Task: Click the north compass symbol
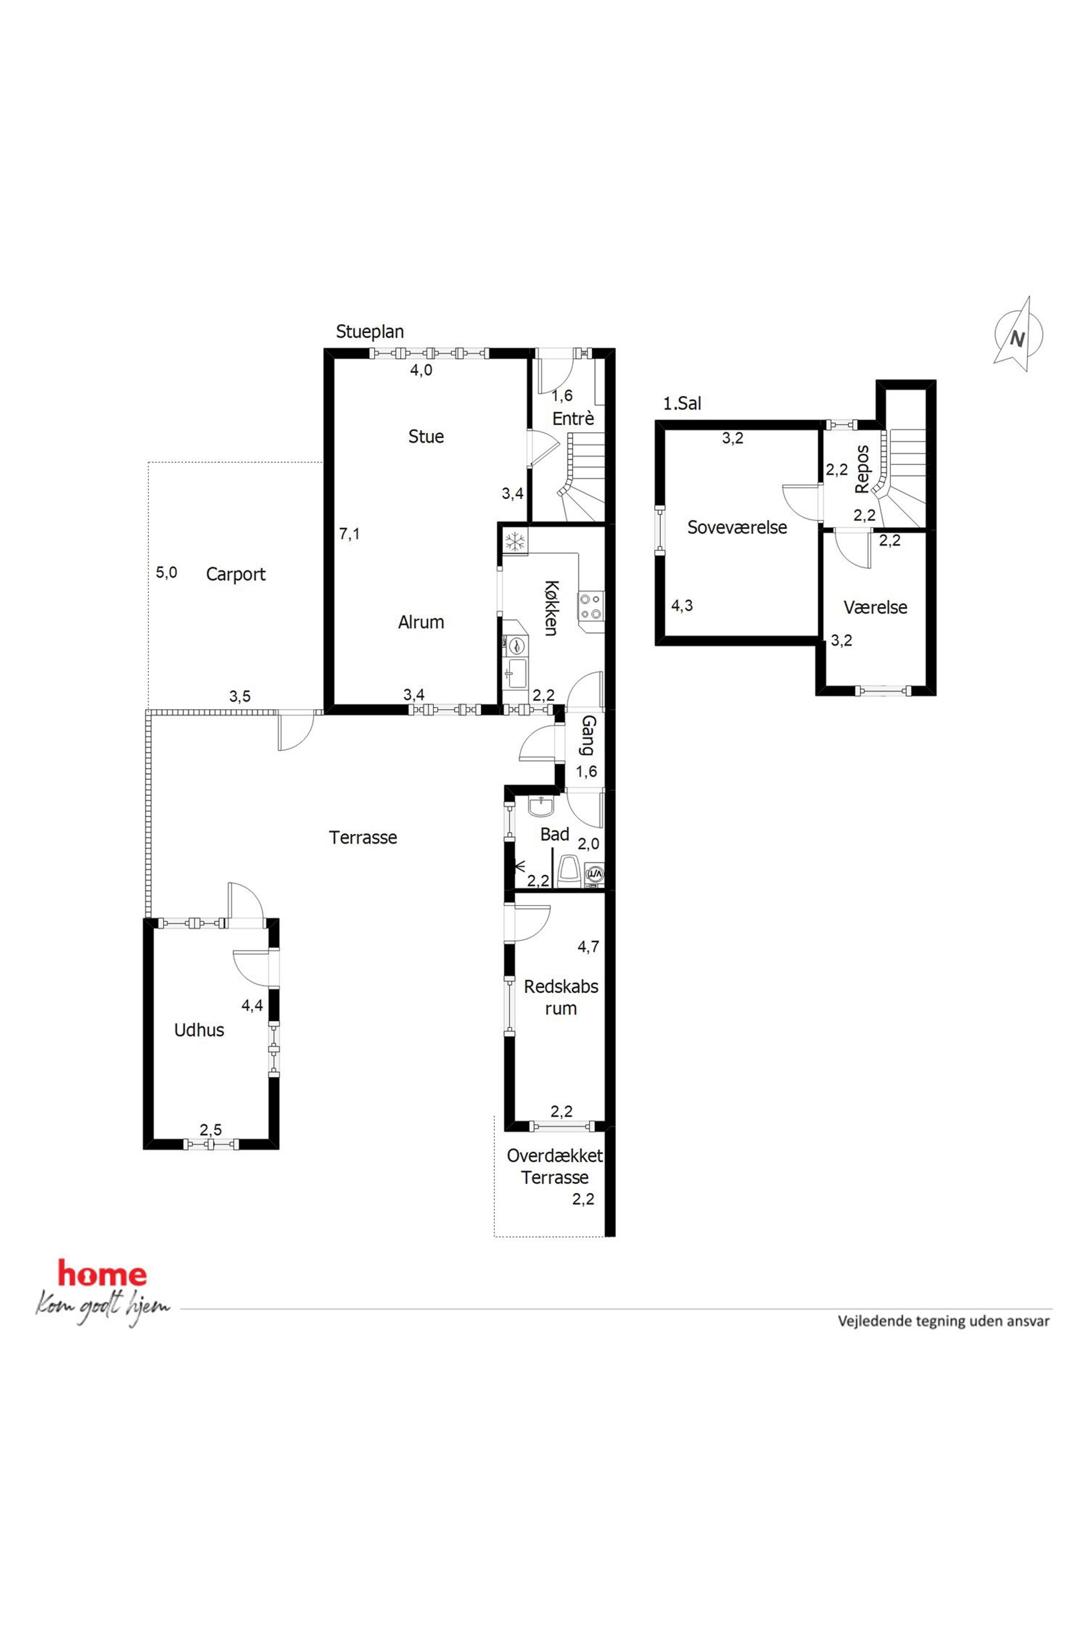click(x=1018, y=334)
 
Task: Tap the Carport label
click(x=236, y=575)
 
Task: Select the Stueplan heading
click(x=370, y=332)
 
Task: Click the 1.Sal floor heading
click(x=682, y=403)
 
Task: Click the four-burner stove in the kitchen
click(x=592, y=606)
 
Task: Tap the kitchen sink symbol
click(x=515, y=672)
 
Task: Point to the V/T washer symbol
click(x=594, y=874)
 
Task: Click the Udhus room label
click(x=199, y=1030)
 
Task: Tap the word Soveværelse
click(x=737, y=528)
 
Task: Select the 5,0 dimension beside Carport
click(x=167, y=573)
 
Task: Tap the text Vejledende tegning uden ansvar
click(x=944, y=1321)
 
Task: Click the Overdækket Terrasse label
click(x=555, y=1166)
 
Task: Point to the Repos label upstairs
click(x=862, y=469)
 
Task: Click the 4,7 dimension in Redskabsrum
click(x=588, y=947)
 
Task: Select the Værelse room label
click(x=876, y=608)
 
